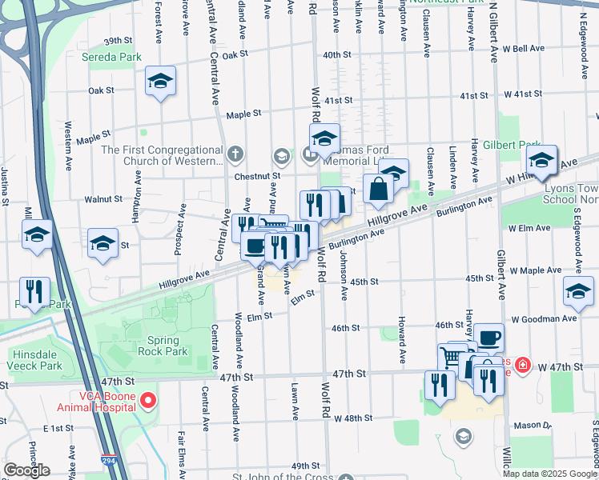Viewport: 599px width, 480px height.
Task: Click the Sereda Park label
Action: point(111,57)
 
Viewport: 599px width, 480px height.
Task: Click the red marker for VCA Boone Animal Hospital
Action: point(147,398)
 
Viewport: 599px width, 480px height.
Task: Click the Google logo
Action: point(26,470)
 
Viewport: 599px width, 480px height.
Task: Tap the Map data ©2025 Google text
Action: point(549,474)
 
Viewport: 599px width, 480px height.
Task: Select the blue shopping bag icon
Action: point(378,190)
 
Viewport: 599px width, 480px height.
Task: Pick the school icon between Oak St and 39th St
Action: point(160,81)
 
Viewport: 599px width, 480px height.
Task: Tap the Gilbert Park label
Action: point(518,145)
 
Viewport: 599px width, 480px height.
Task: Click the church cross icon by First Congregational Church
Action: point(235,152)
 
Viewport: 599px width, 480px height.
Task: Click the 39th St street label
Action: point(117,40)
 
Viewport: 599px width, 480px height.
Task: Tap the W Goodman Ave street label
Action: point(541,318)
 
